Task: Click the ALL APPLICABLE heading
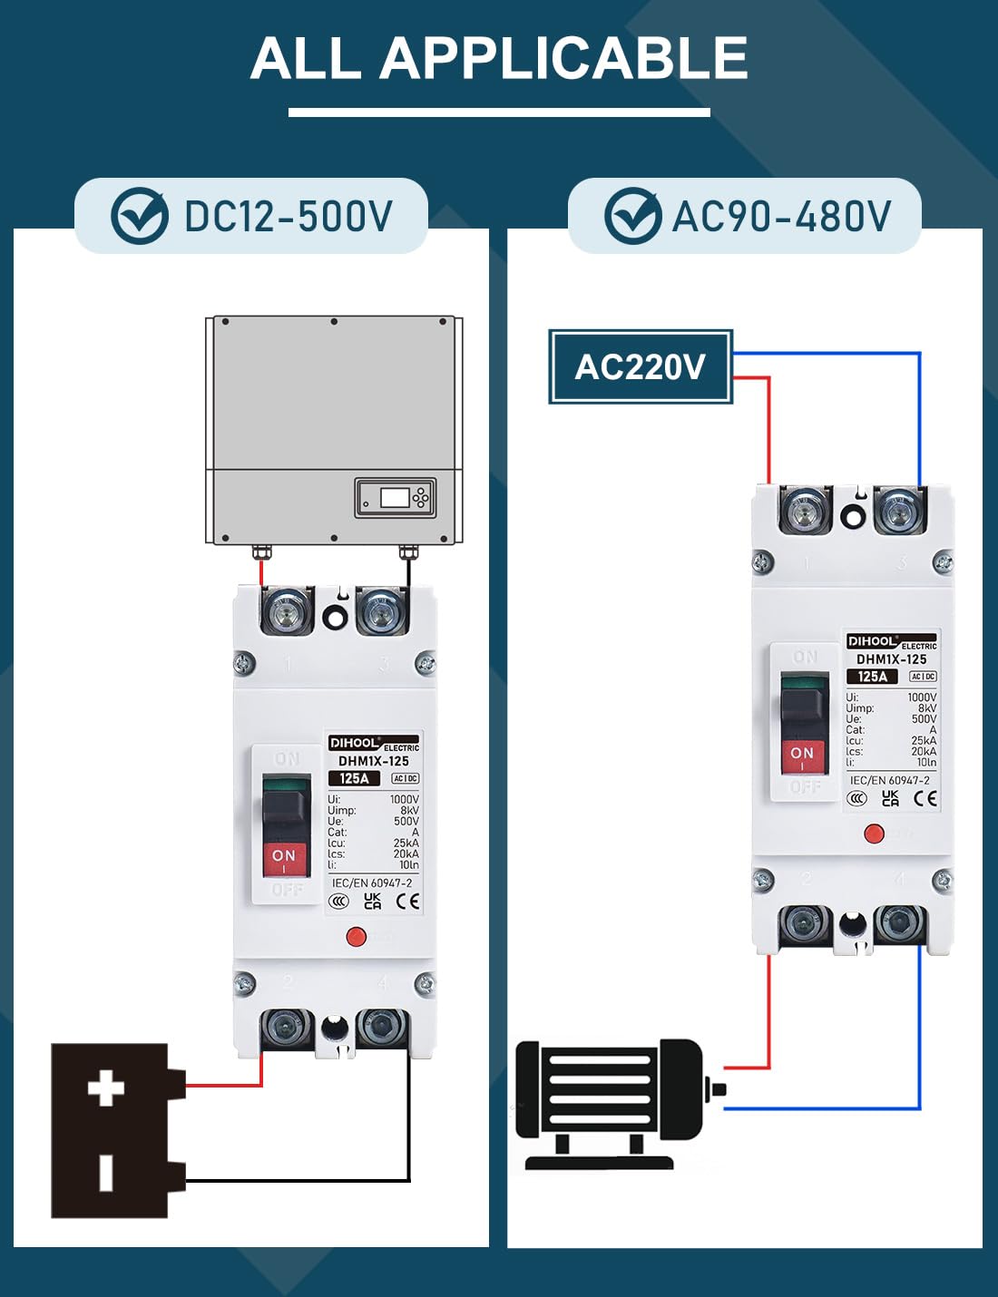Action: coord(499,59)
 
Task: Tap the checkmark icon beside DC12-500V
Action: coord(139,217)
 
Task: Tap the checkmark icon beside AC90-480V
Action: coord(632,217)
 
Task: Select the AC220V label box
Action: coord(641,367)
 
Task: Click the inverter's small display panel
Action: coord(395,497)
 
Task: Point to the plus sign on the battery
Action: coord(106,1088)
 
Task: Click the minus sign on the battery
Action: coord(106,1172)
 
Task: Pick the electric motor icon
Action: coord(617,1102)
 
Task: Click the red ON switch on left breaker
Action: coord(285,857)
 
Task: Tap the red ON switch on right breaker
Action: coord(803,755)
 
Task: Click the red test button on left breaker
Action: coord(357,937)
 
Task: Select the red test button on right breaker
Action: coord(874,834)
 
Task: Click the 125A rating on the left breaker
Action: coord(354,778)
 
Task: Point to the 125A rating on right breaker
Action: coord(872,677)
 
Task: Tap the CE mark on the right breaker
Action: coord(925,798)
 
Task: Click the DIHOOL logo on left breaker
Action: coord(355,743)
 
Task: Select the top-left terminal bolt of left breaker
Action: coord(288,611)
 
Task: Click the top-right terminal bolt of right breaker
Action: coord(899,511)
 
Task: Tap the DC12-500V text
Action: coord(288,217)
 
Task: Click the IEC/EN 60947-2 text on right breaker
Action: coord(889,780)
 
